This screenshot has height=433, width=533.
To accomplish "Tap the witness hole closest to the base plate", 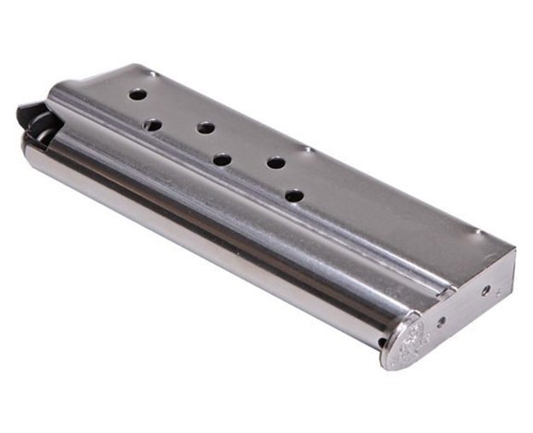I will [294, 195].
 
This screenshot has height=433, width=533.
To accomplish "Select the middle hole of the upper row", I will [206, 128].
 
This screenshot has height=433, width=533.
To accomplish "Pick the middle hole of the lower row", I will [222, 159].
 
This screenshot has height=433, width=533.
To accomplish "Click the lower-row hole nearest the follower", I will [153, 124].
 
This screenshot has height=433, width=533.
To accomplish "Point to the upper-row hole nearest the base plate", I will [275, 162].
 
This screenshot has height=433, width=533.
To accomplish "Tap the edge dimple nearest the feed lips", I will [152, 74].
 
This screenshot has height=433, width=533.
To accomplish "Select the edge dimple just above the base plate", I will [478, 232].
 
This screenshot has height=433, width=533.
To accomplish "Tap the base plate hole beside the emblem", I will [440, 321].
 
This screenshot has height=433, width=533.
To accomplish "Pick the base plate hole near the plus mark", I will [486, 290].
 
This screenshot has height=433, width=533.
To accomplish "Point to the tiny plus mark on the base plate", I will [499, 293].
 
